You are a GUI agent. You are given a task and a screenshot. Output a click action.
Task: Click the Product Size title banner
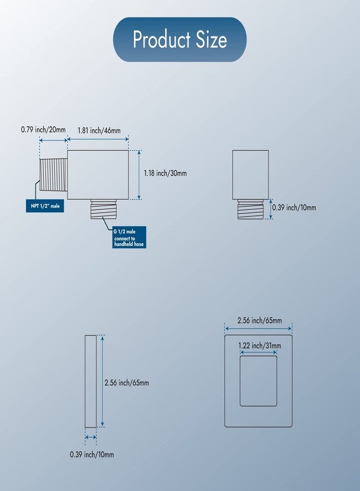179,39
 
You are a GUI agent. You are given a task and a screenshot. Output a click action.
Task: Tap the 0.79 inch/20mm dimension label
43,129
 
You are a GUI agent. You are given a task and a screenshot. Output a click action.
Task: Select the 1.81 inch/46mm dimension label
99,130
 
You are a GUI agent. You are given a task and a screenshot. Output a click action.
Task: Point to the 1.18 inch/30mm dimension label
165,173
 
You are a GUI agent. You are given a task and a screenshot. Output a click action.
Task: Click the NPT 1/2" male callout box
45,206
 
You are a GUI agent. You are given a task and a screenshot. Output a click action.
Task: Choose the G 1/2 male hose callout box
129,237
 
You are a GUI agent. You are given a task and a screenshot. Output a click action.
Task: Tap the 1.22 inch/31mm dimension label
260,346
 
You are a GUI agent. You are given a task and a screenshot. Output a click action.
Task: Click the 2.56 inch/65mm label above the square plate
260,321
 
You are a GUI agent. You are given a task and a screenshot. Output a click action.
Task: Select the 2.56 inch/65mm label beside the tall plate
127,382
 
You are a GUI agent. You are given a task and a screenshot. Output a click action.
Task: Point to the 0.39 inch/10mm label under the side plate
92,454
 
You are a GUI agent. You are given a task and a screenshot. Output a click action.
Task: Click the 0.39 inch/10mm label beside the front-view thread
294,208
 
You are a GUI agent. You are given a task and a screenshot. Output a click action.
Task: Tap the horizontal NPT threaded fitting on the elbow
53,175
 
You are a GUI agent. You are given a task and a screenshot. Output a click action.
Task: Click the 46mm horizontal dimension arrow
98,139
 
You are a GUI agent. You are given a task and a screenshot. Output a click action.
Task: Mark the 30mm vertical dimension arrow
139,175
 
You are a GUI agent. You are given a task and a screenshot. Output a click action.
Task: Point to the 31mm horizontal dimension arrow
258,352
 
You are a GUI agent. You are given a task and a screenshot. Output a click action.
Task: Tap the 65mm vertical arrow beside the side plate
103,381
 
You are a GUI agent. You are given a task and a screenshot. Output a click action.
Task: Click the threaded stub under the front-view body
250,209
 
